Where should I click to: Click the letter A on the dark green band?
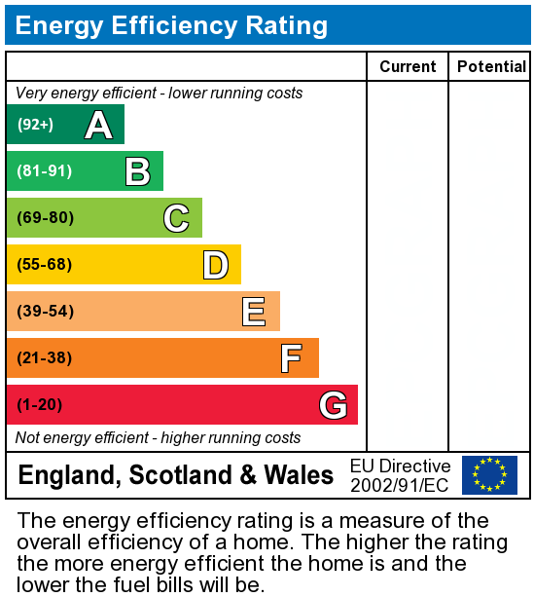coord(98,125)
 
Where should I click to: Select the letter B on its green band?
coord(137,172)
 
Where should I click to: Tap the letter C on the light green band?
coord(176,218)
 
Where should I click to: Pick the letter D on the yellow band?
coord(215,265)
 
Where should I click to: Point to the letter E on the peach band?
coord(254,312)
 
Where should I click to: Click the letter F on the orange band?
coord(291,358)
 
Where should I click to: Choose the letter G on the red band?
coord(333,405)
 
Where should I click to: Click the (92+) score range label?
coord(36,125)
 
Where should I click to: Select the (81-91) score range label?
coord(45,171)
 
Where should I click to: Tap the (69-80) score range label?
coord(45,218)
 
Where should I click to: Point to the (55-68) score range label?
coord(45,265)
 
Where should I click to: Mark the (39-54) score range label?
coord(45,312)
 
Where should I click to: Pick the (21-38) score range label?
coord(45,358)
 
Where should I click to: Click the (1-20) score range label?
coord(39,405)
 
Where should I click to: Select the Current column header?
coord(408,66)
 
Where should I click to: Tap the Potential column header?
coord(491,66)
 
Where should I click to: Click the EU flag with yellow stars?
coord(489,475)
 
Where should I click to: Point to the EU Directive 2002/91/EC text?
coord(400,475)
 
